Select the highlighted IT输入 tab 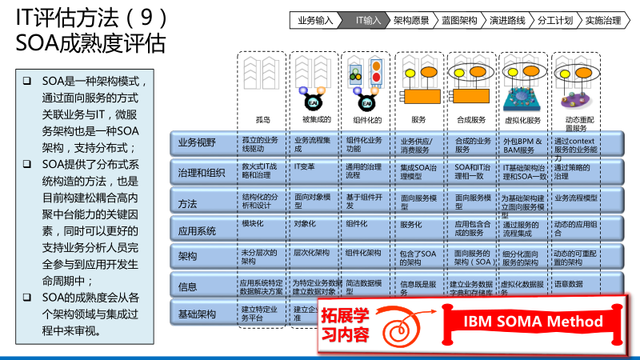tap(368, 20)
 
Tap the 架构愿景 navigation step tap(411, 20)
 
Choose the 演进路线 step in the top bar tap(507, 20)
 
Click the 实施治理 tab tap(603, 20)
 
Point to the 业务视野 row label tap(196, 142)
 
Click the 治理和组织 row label tap(201, 172)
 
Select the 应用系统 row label tap(197, 231)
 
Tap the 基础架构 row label tap(197, 314)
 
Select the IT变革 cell tap(304, 166)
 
